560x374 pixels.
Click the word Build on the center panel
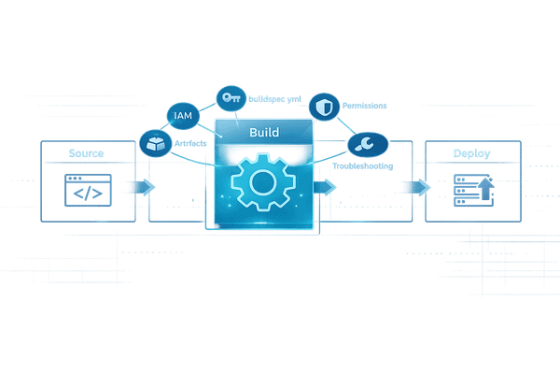tap(264, 133)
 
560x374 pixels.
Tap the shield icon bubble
tap(323, 106)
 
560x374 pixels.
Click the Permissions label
tap(365, 107)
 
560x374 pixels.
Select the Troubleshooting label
tap(364, 165)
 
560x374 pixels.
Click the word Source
tap(88, 152)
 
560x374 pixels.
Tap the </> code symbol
tap(88, 194)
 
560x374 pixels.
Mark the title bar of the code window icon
tap(88, 178)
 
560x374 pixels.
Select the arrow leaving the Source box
tap(141, 187)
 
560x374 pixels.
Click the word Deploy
tap(471, 152)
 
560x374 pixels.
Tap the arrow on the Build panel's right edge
tap(327, 187)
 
